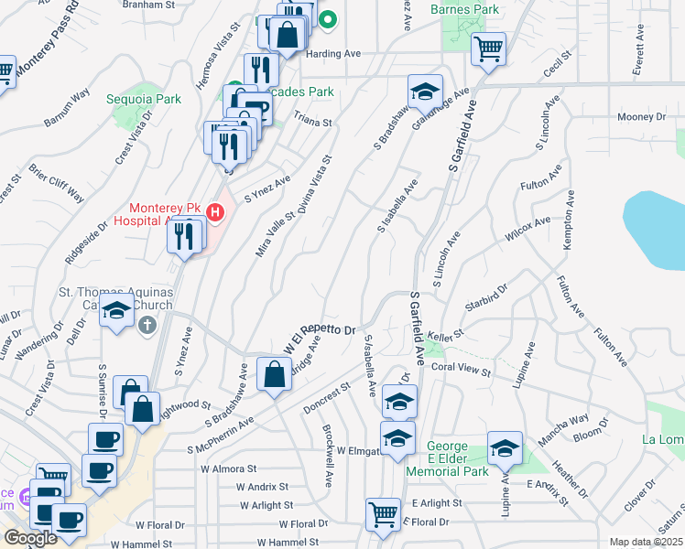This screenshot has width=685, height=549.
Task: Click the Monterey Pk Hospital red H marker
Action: pyautogui.click(x=215, y=213)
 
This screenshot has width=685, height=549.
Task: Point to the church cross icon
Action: pyautogui.click(x=147, y=325)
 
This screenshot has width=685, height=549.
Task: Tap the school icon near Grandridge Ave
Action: pyautogui.click(x=426, y=91)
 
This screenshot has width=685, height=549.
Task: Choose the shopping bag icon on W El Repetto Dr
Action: pyautogui.click(x=275, y=373)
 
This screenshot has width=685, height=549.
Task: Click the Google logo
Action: pyautogui.click(x=30, y=538)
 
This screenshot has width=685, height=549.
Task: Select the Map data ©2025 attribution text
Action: pyautogui.click(x=646, y=542)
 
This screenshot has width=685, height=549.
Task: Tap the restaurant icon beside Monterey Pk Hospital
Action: pyautogui.click(x=185, y=236)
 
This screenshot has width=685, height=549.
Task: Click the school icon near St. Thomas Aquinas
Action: pyautogui.click(x=116, y=311)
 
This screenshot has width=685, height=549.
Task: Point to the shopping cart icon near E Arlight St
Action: pyautogui.click(x=382, y=513)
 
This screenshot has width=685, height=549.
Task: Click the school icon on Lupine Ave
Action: pyautogui.click(x=505, y=448)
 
